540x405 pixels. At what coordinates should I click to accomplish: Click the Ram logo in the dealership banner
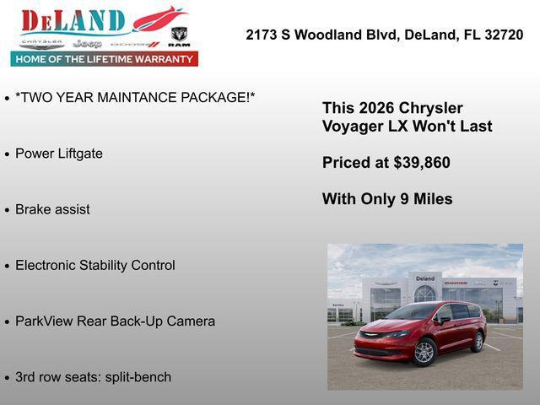tap(179, 35)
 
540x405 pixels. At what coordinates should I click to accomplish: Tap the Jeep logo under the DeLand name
tap(87, 43)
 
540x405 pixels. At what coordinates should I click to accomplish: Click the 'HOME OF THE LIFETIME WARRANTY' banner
tap(105, 59)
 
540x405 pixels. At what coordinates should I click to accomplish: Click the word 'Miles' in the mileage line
tap(433, 199)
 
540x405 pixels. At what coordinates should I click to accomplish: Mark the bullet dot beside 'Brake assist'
tap(8, 210)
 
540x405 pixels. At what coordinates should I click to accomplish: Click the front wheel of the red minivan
tap(424, 352)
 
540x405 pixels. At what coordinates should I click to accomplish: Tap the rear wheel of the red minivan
tap(478, 341)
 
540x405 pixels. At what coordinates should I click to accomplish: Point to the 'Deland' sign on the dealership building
tap(424, 278)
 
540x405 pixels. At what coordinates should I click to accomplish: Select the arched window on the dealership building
tap(424, 294)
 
